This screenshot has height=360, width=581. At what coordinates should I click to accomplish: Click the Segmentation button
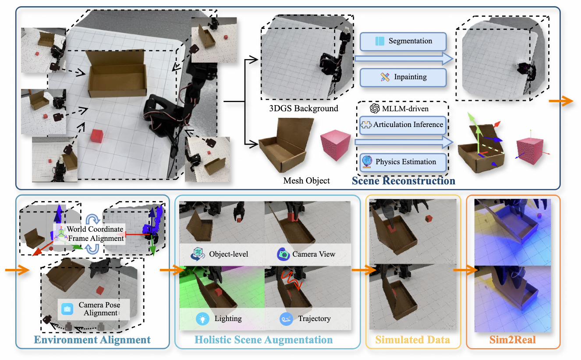pos(403,41)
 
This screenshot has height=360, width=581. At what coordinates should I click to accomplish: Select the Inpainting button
pos(403,77)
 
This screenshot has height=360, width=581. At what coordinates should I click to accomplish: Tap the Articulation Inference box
pos(403,125)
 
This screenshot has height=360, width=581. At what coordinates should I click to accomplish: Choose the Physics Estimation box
pos(403,162)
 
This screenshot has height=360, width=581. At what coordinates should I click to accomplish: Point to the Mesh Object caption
pos(307,180)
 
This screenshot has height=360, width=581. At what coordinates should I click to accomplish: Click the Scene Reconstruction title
pos(403,180)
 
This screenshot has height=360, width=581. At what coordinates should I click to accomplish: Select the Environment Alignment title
pos(92,340)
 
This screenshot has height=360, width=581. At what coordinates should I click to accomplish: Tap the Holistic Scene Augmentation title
pos(263,340)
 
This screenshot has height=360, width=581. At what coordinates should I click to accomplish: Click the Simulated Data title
pos(413,340)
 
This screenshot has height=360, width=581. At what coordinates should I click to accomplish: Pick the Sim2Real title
pos(513,340)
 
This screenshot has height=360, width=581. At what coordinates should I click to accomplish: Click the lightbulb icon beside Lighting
pos(202,319)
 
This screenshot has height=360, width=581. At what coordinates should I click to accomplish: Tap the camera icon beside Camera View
pos(283,254)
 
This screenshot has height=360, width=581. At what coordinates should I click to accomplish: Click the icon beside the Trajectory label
pos(286,319)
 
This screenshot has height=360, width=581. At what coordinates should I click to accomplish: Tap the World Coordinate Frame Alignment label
pos(95,234)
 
